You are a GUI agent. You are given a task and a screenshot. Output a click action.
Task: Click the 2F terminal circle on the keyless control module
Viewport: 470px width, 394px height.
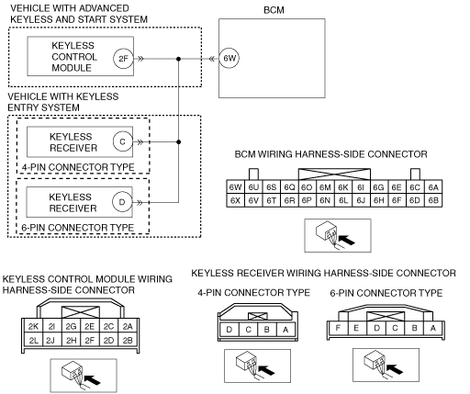tap(123, 58)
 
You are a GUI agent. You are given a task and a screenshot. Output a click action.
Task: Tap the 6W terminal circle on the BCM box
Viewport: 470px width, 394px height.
tap(229, 58)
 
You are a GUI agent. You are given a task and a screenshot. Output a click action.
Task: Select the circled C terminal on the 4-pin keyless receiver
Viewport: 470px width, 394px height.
tap(123, 141)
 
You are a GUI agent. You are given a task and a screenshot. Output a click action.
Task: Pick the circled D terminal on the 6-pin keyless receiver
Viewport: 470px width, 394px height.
tap(122, 202)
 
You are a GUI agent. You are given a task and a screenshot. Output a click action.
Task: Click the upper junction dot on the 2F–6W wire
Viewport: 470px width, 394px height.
tap(179, 59)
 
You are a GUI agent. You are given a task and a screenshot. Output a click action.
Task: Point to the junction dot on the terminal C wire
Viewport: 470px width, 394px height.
tap(179, 141)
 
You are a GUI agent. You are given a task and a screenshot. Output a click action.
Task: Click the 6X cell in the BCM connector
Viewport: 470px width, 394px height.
tap(235, 200)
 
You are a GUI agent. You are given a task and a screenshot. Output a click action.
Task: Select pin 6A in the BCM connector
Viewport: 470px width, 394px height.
tap(433, 187)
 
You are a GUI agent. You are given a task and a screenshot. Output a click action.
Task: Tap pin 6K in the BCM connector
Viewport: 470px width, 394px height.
tap(343, 187)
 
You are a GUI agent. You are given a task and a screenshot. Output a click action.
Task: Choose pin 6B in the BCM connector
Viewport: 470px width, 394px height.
tap(433, 200)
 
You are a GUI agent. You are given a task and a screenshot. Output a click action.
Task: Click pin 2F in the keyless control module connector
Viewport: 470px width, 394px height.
tap(90, 340)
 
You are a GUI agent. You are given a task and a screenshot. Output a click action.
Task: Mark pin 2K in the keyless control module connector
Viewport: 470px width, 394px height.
tap(33, 326)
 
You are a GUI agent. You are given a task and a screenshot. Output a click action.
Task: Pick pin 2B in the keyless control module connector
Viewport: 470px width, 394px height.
tap(128, 340)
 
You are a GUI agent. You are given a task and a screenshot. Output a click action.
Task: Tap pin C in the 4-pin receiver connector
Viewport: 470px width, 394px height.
tap(248, 330)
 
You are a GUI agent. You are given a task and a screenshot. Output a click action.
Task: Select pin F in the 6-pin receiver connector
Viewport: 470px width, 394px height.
tap(338, 328)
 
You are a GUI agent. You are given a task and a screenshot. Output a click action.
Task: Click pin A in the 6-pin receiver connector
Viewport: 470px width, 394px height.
tap(433, 328)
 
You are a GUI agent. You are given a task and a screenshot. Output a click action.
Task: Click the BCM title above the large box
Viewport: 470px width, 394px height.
tap(274, 10)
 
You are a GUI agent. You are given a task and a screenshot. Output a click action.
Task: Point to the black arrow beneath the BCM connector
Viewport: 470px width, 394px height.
tap(347, 240)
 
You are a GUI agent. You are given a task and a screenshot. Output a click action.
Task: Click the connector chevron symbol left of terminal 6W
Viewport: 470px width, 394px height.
tap(211, 59)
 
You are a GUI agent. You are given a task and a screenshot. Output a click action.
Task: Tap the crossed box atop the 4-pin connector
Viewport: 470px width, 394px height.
tap(258, 316)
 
